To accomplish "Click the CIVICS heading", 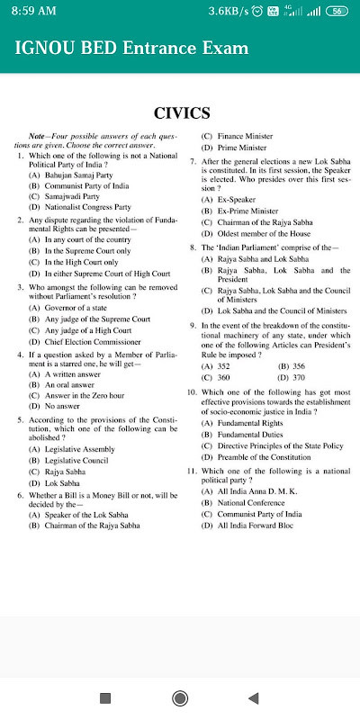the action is tap(182, 112).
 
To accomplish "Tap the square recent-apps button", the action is tap(104, 697).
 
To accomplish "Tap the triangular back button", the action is tap(254, 697).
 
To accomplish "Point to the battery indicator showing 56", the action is tap(337, 11).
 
